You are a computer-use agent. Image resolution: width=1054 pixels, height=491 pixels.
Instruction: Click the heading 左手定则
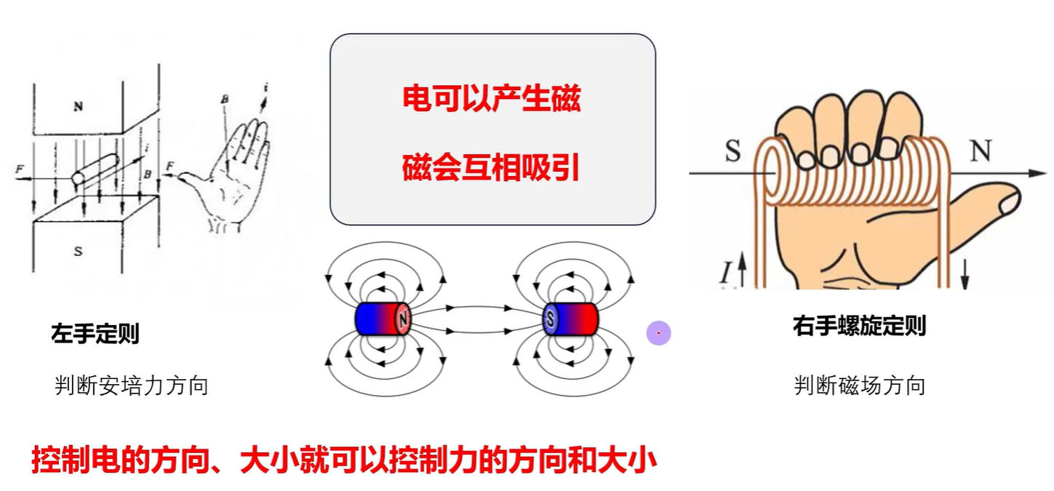(95, 334)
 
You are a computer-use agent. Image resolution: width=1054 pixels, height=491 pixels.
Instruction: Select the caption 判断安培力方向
(132, 385)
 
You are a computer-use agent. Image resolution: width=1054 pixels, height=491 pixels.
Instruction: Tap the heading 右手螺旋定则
(859, 325)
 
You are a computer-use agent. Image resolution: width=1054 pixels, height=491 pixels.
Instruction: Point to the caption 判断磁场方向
(859, 385)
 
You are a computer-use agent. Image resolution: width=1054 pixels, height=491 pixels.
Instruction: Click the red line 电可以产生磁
(492, 98)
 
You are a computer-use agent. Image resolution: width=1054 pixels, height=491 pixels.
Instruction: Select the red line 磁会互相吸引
(492, 167)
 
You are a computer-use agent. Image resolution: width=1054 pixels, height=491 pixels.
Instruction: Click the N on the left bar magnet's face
(403, 319)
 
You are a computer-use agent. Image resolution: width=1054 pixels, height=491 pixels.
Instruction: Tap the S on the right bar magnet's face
(551, 319)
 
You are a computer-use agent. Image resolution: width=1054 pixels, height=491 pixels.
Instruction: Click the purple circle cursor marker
(658, 333)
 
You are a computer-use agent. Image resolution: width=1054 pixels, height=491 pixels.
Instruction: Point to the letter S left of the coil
(732, 152)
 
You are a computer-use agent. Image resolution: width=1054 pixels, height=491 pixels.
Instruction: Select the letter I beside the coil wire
(726, 274)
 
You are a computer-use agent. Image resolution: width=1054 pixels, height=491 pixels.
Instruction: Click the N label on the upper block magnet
(78, 106)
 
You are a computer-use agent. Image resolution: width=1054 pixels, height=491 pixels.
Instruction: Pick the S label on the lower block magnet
(78, 252)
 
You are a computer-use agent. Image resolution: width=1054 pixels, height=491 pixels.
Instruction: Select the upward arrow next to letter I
(742, 271)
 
